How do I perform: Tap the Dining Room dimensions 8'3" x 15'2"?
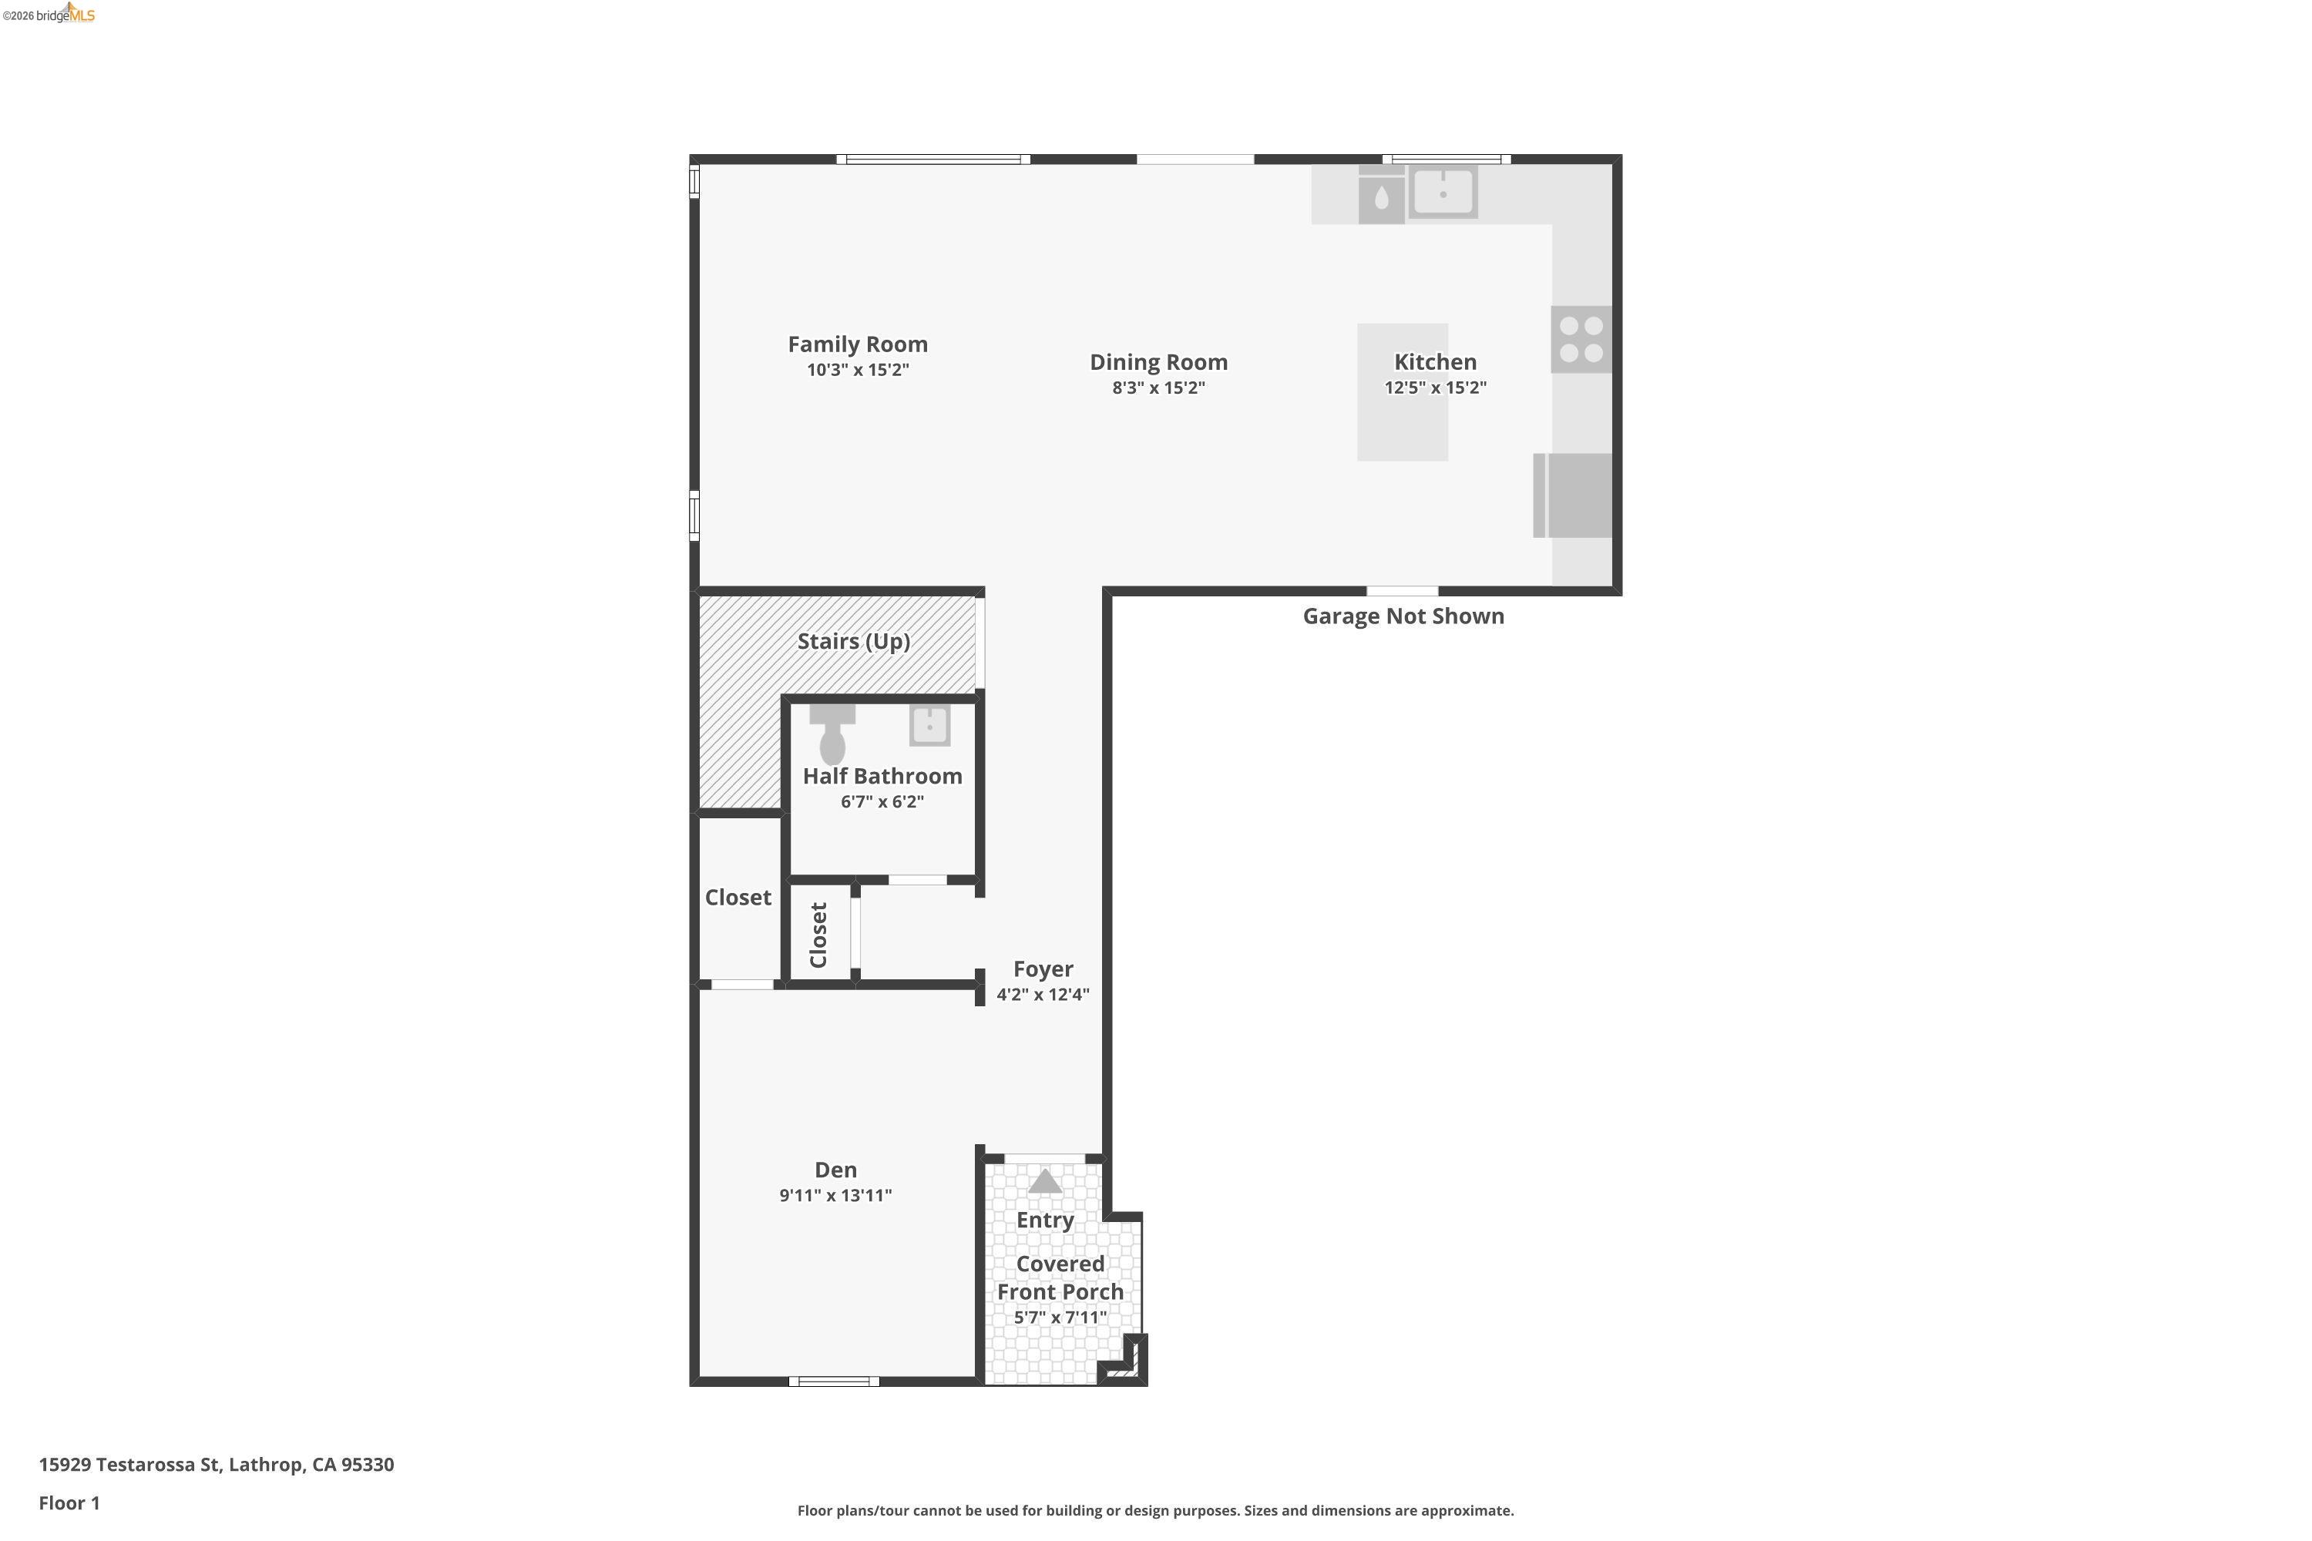pos(1158,388)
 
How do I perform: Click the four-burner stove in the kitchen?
pos(1581,339)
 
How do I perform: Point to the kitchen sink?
pos(1442,193)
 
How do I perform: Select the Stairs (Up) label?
pos(853,642)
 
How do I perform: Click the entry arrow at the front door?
pos(1044,1181)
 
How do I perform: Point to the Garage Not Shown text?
pos(1403,616)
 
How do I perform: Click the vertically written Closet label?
pos(818,935)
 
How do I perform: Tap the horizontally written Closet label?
pos(738,898)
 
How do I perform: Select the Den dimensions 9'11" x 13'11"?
pos(835,1196)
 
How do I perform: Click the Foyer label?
pos(1043,969)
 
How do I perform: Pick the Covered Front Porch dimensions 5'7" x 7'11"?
pos(1060,1318)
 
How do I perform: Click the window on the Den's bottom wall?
pos(834,1382)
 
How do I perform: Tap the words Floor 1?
pos(69,1502)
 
